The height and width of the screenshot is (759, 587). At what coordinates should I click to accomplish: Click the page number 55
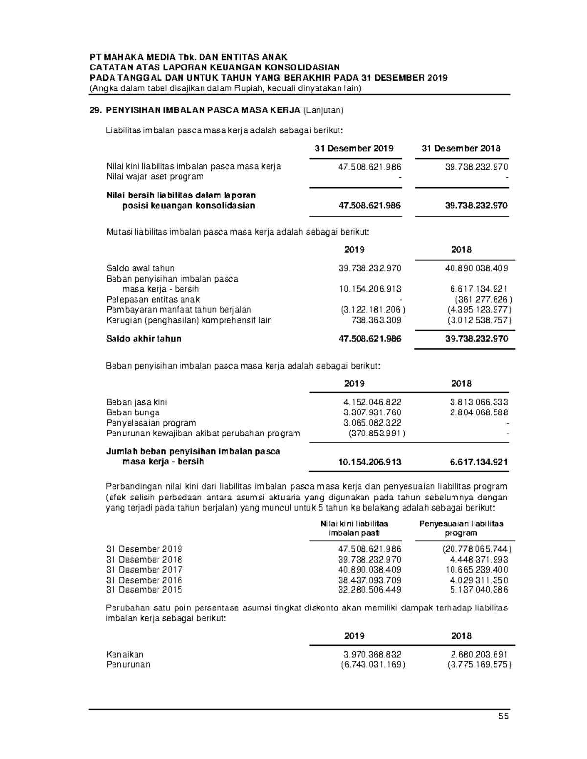(503, 716)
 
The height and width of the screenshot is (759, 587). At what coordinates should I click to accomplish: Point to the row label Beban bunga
(133, 412)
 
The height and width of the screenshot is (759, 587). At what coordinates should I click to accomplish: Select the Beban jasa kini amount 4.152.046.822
(372, 402)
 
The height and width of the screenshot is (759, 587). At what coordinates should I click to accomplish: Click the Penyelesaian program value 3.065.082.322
(372, 423)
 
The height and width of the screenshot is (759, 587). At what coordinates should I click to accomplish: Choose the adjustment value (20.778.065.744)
(474, 549)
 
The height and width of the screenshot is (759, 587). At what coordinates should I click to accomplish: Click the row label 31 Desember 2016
(144, 580)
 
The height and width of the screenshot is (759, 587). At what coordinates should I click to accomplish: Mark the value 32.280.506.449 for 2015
(369, 590)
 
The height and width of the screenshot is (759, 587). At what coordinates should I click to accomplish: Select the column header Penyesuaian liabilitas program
(461, 528)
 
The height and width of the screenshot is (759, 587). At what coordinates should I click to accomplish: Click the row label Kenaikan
(125, 654)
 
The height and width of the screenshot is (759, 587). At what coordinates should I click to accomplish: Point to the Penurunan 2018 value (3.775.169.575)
(479, 665)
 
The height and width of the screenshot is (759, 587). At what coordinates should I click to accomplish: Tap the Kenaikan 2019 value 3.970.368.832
(372, 654)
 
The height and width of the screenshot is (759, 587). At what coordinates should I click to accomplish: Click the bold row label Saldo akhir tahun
(144, 339)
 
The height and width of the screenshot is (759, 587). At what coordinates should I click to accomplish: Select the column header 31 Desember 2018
(461, 148)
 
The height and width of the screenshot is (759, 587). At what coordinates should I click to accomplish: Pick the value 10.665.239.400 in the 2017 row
(476, 570)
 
